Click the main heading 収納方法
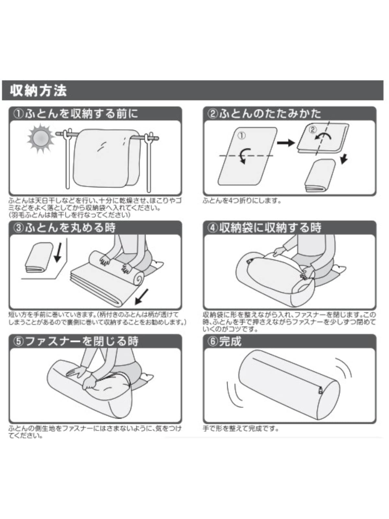38,90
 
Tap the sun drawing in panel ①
41,139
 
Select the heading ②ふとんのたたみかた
264,114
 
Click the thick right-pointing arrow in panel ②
286,143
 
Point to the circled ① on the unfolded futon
242,136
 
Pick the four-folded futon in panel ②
320,176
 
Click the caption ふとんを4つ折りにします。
242,201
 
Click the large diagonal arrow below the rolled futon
142,297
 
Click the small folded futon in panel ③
39,257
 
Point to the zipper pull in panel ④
249,261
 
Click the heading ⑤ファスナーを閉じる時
76,342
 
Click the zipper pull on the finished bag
320,390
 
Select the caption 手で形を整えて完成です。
241,428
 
